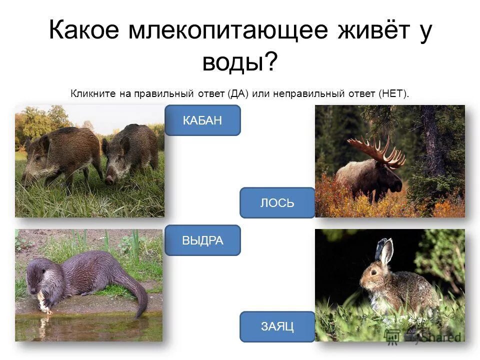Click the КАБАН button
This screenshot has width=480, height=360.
(202, 120)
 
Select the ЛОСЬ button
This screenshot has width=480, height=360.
(277, 203)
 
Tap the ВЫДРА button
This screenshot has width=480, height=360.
(202, 240)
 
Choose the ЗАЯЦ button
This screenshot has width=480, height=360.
(277, 327)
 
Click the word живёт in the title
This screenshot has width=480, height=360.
(367, 31)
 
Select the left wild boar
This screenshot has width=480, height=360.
(57, 152)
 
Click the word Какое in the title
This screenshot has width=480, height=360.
(84, 31)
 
